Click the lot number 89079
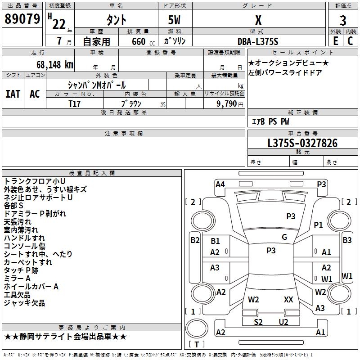pos(21,19)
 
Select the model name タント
pos(116,20)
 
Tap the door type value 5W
pos(175,20)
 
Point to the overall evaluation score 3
pos(343,20)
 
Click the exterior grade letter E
pos(335,41)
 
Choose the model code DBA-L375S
pos(258,41)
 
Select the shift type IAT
pos(13,94)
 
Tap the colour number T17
pos(75,103)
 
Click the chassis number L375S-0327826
pos(302,143)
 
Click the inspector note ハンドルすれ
pos(24,238)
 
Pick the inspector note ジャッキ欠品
pos(24,303)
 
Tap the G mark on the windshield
pos(284,237)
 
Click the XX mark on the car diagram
pos(288,299)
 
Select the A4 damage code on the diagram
pos(220,184)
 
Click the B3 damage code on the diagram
pos(347,240)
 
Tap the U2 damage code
pos(283,322)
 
